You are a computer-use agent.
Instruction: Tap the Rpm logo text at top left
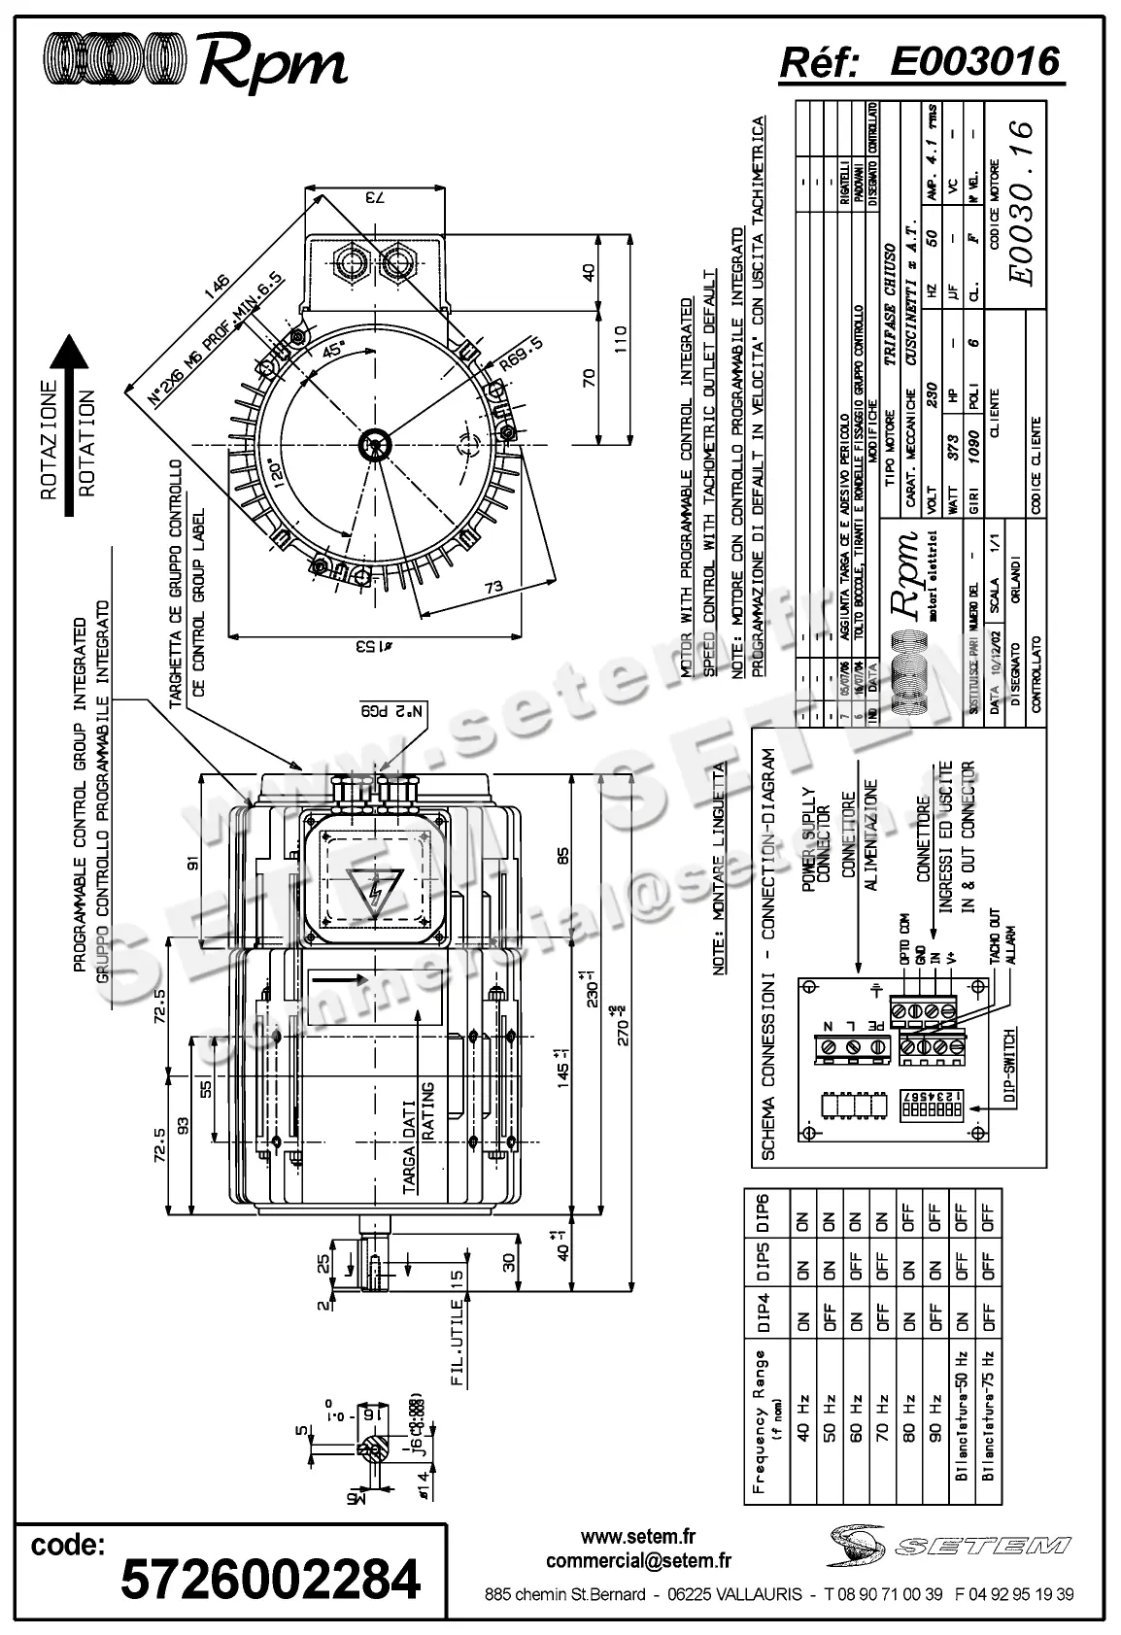click(272, 64)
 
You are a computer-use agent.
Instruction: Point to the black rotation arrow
click(68, 426)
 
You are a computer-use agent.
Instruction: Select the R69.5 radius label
click(523, 355)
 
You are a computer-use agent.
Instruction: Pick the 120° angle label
click(277, 475)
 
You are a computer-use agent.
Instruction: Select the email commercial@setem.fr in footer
click(638, 1561)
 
